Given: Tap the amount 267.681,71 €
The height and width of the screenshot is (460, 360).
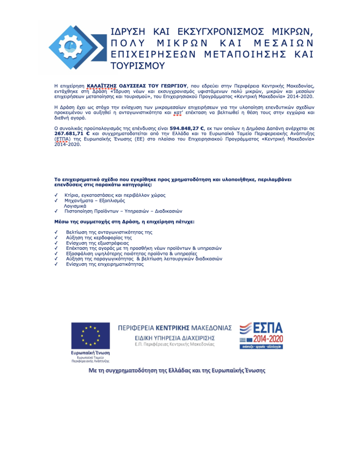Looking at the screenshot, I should pyautogui.click(x=72, y=134).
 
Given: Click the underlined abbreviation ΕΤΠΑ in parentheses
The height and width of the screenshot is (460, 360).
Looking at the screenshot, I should pyautogui.click(x=61, y=139).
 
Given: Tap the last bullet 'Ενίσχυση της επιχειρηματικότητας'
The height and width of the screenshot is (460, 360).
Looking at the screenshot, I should pyautogui.click(x=105, y=264).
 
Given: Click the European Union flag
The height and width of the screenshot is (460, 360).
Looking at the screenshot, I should pyautogui.click(x=90, y=336).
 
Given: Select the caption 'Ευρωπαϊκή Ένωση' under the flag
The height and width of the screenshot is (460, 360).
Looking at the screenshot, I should pyautogui.click(x=90, y=353).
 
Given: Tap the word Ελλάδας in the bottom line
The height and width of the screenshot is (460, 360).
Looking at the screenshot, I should pyautogui.click(x=186, y=371).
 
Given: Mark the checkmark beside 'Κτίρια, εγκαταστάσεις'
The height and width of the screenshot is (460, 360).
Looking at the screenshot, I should pyautogui.click(x=56, y=195).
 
